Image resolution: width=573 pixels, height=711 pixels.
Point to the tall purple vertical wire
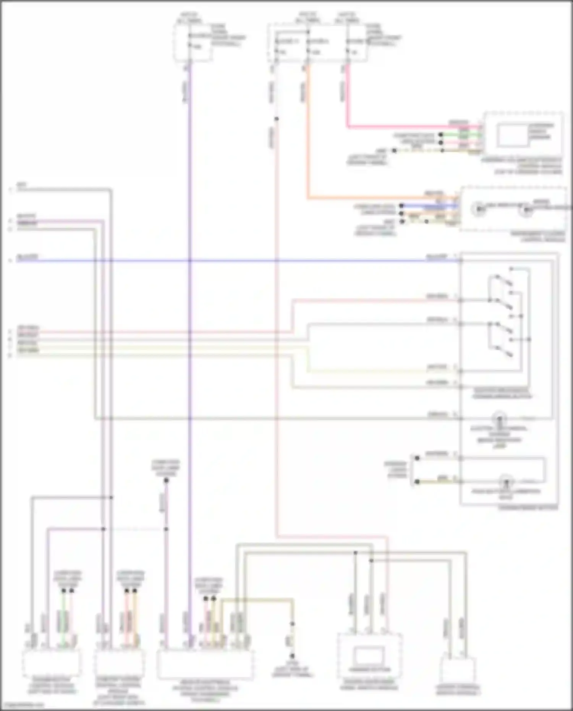coord(189,344)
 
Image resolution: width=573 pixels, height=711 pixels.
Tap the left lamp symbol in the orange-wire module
coord(479,209)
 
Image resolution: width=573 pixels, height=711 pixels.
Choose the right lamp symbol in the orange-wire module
coord(526,209)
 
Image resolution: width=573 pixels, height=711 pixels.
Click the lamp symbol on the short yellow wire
coord(507,482)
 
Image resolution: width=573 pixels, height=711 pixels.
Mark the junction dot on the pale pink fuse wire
coord(277,119)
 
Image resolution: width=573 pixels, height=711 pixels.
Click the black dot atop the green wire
coord(64,591)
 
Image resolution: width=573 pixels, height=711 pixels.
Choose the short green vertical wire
coord(64,619)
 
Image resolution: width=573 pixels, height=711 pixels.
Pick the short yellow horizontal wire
coord(439,482)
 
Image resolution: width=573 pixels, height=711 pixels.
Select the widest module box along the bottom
coord(205,665)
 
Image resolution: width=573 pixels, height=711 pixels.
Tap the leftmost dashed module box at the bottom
coord(52,663)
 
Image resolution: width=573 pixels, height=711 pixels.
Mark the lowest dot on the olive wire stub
coord(292,656)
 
